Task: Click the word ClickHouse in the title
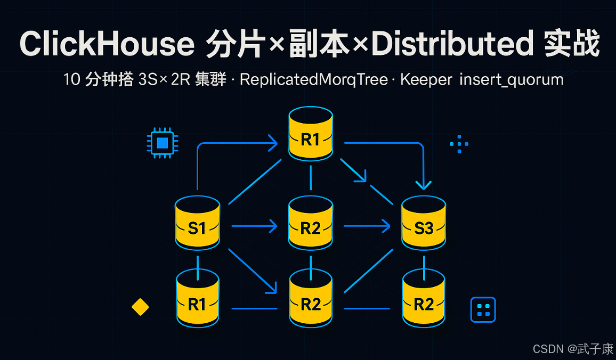(107, 44)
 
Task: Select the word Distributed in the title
(452, 44)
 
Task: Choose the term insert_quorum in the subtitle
(511, 80)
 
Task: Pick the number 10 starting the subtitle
(71, 80)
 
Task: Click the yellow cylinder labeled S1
(198, 227)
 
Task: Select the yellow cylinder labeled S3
(424, 227)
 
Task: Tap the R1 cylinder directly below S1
(198, 304)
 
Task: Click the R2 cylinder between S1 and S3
(311, 227)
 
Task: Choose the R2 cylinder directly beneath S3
(424, 304)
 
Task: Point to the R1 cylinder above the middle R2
(311, 138)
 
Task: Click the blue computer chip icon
(163, 143)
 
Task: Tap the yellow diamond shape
(140, 307)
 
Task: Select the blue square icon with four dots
(483, 309)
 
